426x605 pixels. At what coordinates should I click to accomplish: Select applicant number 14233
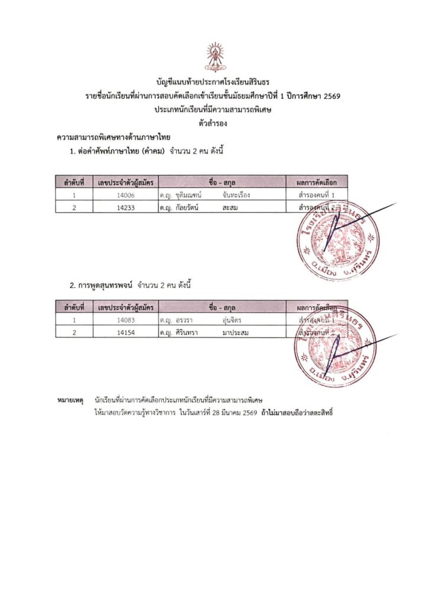point(126,207)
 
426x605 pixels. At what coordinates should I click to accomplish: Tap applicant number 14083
point(126,320)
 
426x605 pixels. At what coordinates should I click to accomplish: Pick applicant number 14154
point(126,332)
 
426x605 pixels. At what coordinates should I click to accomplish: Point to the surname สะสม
point(230,207)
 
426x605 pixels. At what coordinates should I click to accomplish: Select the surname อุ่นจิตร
point(231,320)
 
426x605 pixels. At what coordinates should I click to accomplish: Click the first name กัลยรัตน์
point(186,207)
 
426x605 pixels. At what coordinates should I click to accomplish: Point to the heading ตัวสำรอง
point(213,123)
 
